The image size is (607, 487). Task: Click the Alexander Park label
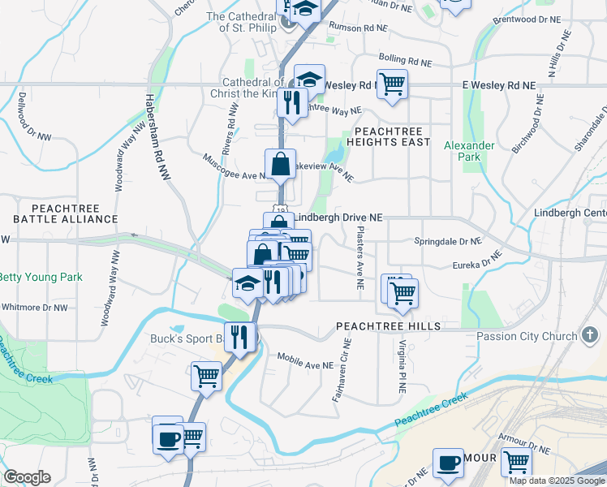(469, 151)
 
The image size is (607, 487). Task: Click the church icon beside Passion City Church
(590, 334)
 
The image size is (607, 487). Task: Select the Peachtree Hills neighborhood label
(389, 325)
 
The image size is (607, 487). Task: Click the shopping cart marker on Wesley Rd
(392, 84)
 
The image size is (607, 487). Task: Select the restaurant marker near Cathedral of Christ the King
(291, 102)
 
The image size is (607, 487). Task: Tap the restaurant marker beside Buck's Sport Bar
(239, 336)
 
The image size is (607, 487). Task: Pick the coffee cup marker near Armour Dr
(448, 463)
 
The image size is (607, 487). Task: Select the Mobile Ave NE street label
(305, 361)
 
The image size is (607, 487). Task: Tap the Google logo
(27, 477)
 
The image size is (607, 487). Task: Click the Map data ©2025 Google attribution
(557, 481)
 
